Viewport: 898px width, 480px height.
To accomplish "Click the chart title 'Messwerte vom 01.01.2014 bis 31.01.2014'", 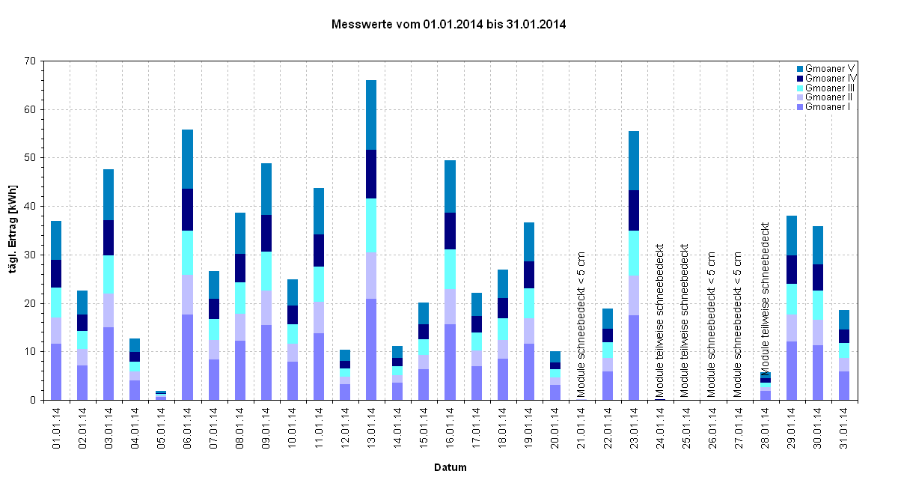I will tap(448, 25).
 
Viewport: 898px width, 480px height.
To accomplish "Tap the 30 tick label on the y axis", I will tap(30, 255).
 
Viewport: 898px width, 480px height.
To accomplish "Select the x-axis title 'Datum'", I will tap(450, 467).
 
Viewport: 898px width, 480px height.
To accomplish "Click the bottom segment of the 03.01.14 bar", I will tap(109, 363).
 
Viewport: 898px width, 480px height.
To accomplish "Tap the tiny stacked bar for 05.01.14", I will tap(161, 395).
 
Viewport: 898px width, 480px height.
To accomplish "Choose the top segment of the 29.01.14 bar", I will tap(791, 235).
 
